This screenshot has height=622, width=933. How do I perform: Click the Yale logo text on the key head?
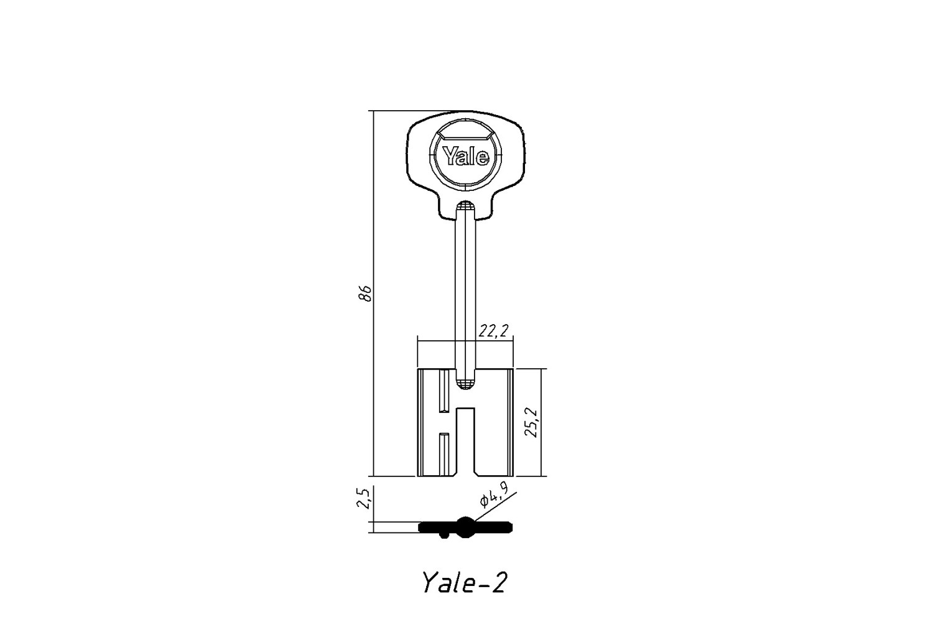466,156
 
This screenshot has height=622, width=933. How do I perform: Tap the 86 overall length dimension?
365,294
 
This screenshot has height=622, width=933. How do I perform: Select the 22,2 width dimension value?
494,331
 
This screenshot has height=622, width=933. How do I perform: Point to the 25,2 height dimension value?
531,422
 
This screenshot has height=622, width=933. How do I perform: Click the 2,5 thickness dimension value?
364,498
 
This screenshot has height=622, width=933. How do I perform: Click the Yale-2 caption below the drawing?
465,582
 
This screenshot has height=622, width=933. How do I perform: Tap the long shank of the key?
466,292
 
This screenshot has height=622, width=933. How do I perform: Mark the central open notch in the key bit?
466,442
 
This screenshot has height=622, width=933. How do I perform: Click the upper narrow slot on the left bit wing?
445,391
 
